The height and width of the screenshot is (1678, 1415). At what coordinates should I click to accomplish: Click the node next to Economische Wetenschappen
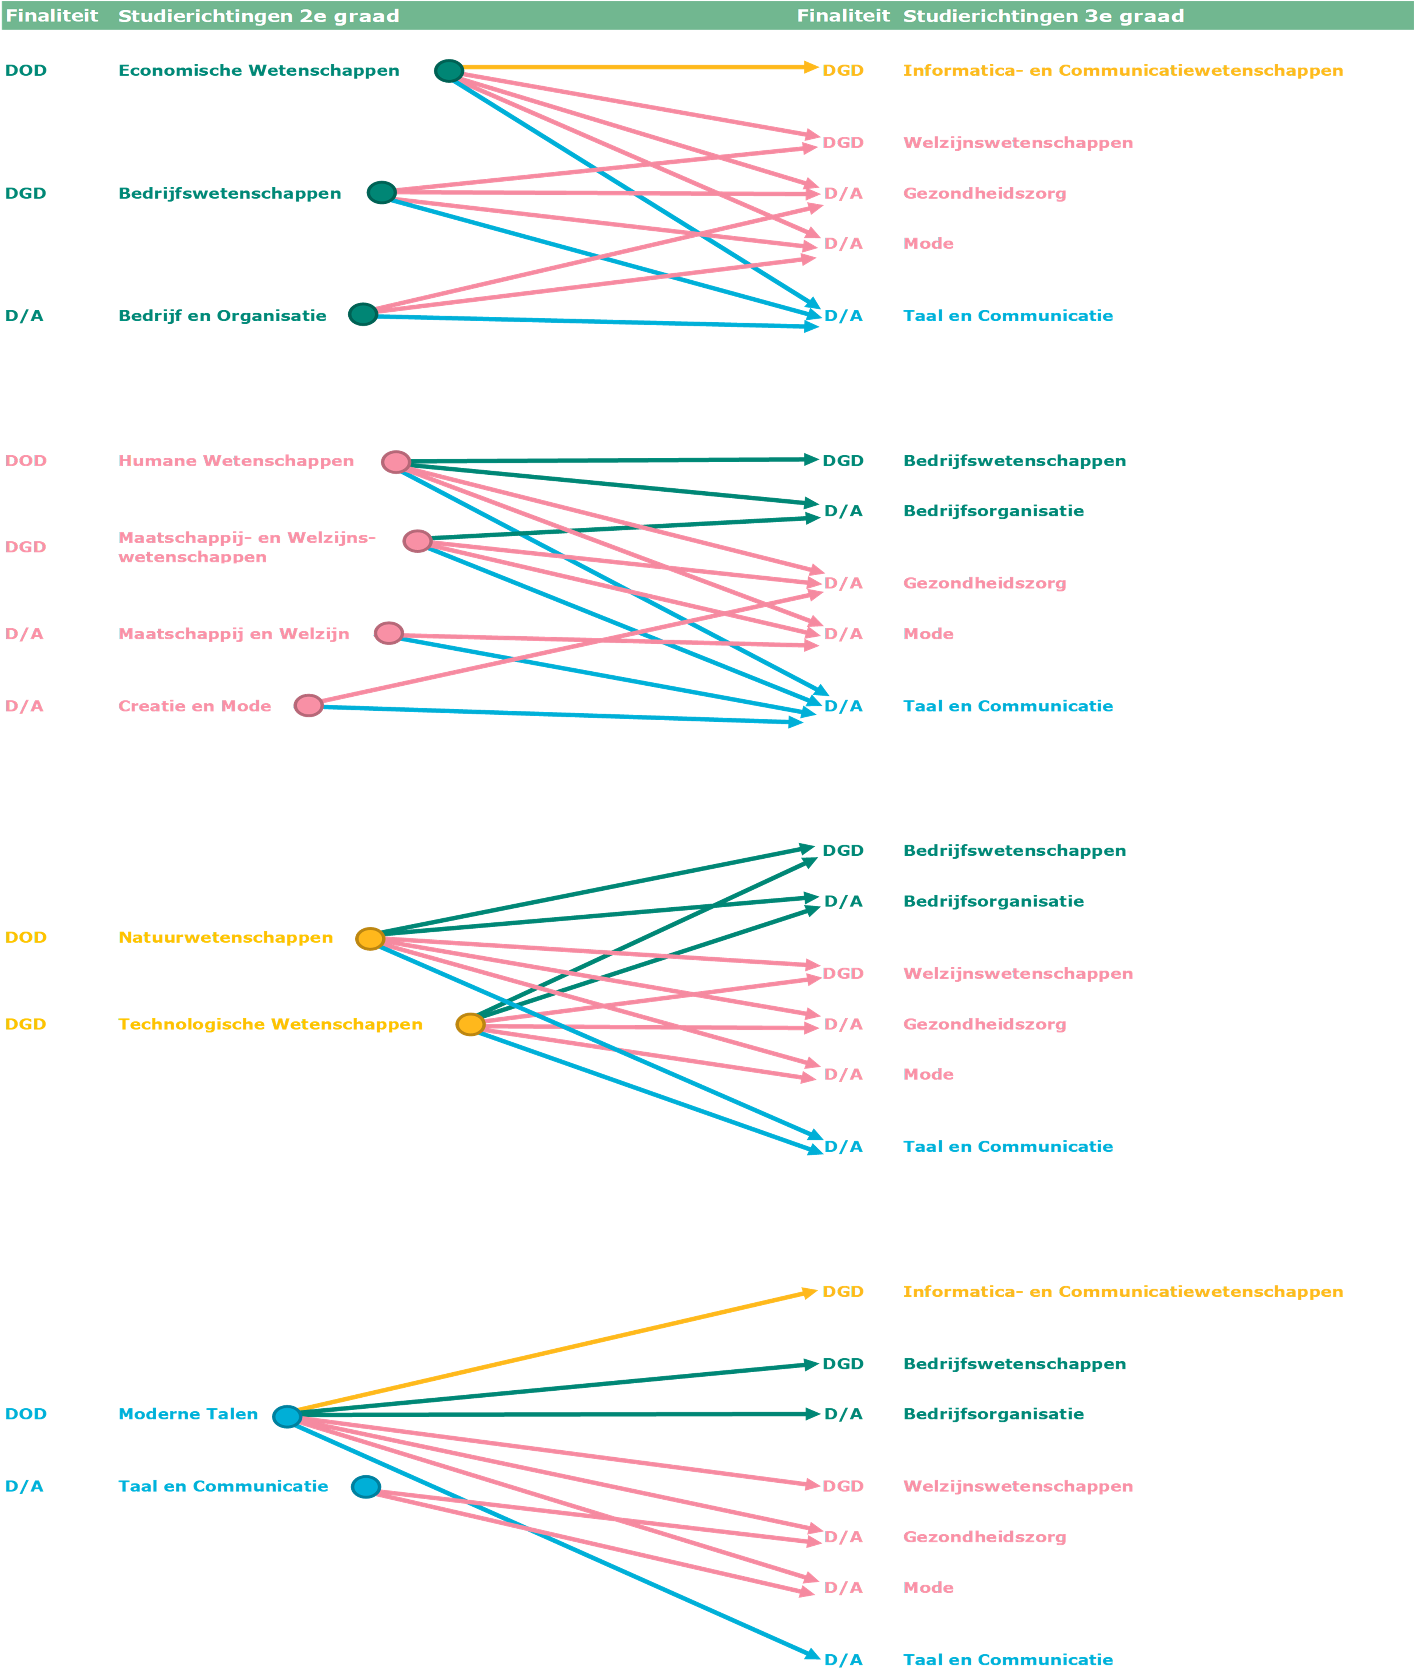449,71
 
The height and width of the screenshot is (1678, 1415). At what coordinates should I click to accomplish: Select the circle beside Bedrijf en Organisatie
363,315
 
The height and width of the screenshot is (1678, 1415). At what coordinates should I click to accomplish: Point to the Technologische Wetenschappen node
471,1024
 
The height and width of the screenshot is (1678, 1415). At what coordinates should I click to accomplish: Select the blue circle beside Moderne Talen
287,1416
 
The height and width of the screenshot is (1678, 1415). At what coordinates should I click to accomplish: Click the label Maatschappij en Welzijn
233,634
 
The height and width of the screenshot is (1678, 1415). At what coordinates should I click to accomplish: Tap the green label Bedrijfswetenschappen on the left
229,193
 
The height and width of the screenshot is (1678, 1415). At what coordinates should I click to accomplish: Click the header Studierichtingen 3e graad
1044,16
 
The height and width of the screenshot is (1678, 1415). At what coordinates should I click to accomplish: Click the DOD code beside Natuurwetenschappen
26,937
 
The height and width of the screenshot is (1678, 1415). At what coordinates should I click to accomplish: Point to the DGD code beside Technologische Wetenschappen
26,1024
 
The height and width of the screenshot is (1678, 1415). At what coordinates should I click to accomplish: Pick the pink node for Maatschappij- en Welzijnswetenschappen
417,541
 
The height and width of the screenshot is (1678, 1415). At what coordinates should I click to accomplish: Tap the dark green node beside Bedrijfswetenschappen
382,193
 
